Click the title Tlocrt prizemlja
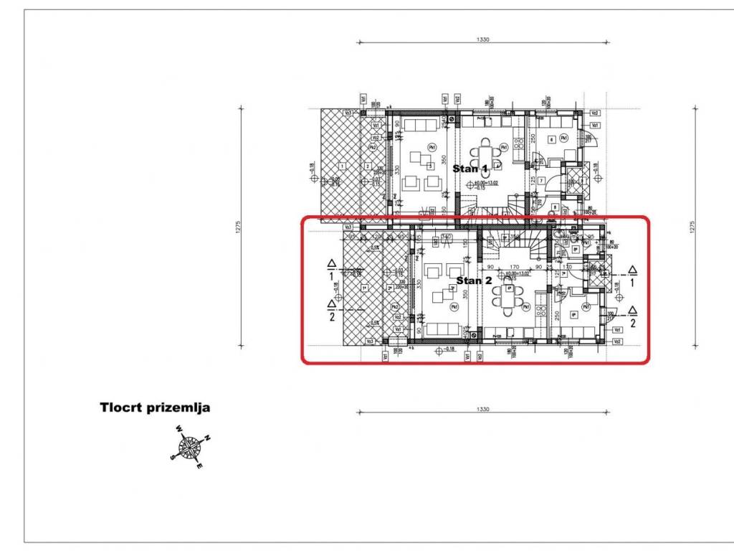[x=154, y=408]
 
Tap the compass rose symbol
[x=190, y=447]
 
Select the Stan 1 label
[x=470, y=169]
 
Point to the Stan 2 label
[x=474, y=280]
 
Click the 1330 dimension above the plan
[x=482, y=40]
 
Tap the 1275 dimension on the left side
[x=239, y=226]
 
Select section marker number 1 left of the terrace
[x=331, y=270]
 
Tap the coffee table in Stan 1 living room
[x=417, y=156]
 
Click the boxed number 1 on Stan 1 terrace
[x=343, y=166]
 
